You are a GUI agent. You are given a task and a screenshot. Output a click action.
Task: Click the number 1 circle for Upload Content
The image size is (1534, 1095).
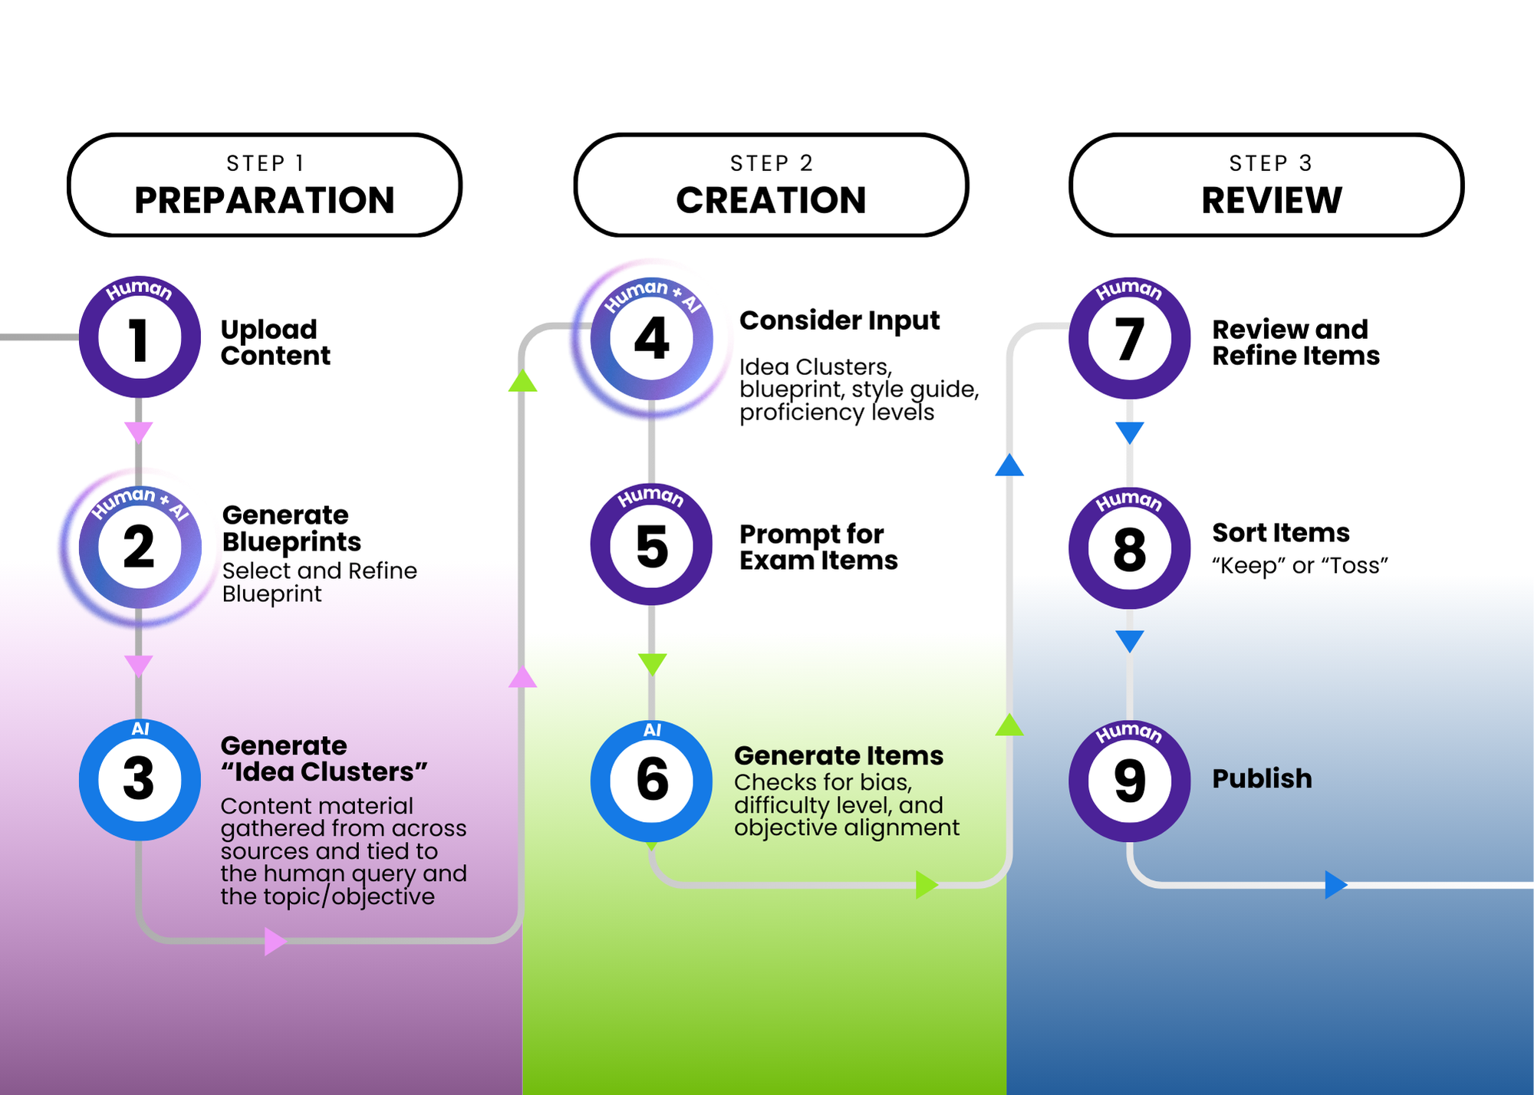click(140, 337)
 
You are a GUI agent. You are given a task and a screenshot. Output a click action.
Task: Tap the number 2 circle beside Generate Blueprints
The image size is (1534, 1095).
click(140, 547)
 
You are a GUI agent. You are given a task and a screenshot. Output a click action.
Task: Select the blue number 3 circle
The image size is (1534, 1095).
click(140, 780)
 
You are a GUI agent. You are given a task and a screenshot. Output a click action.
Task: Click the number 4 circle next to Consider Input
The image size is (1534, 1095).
click(651, 338)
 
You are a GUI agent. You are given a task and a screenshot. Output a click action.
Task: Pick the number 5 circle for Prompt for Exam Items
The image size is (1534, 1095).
click(651, 545)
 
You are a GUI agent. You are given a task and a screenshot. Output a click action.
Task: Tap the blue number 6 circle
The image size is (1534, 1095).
click(651, 781)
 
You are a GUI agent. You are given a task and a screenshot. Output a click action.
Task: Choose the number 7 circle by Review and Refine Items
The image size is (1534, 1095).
click(1129, 338)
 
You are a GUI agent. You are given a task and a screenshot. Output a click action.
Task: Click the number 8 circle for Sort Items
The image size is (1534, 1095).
click(1129, 548)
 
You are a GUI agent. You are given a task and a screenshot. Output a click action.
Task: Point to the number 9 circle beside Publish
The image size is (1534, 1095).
click(1129, 781)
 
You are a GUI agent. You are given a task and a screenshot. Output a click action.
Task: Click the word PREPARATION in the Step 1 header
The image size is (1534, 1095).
click(265, 200)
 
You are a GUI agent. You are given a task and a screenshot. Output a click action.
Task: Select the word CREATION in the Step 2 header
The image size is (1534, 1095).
click(771, 200)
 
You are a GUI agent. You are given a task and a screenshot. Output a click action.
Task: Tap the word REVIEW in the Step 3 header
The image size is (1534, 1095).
click(1272, 200)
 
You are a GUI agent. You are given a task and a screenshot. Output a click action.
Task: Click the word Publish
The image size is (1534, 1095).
click(1262, 778)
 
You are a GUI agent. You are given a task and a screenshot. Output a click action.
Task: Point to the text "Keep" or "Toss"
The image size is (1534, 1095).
click(1300, 566)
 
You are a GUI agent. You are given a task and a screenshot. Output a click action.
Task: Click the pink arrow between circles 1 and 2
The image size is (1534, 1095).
click(139, 432)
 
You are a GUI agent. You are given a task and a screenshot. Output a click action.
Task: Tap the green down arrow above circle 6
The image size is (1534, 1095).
click(652, 664)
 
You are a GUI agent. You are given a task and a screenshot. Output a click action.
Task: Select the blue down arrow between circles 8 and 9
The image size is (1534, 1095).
click(1130, 641)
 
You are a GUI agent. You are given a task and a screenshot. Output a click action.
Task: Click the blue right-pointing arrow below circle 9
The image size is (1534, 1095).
click(1336, 885)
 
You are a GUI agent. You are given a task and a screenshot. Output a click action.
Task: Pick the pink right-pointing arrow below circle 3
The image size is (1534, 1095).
click(275, 941)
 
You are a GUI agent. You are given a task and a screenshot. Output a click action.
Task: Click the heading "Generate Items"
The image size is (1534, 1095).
click(839, 755)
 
